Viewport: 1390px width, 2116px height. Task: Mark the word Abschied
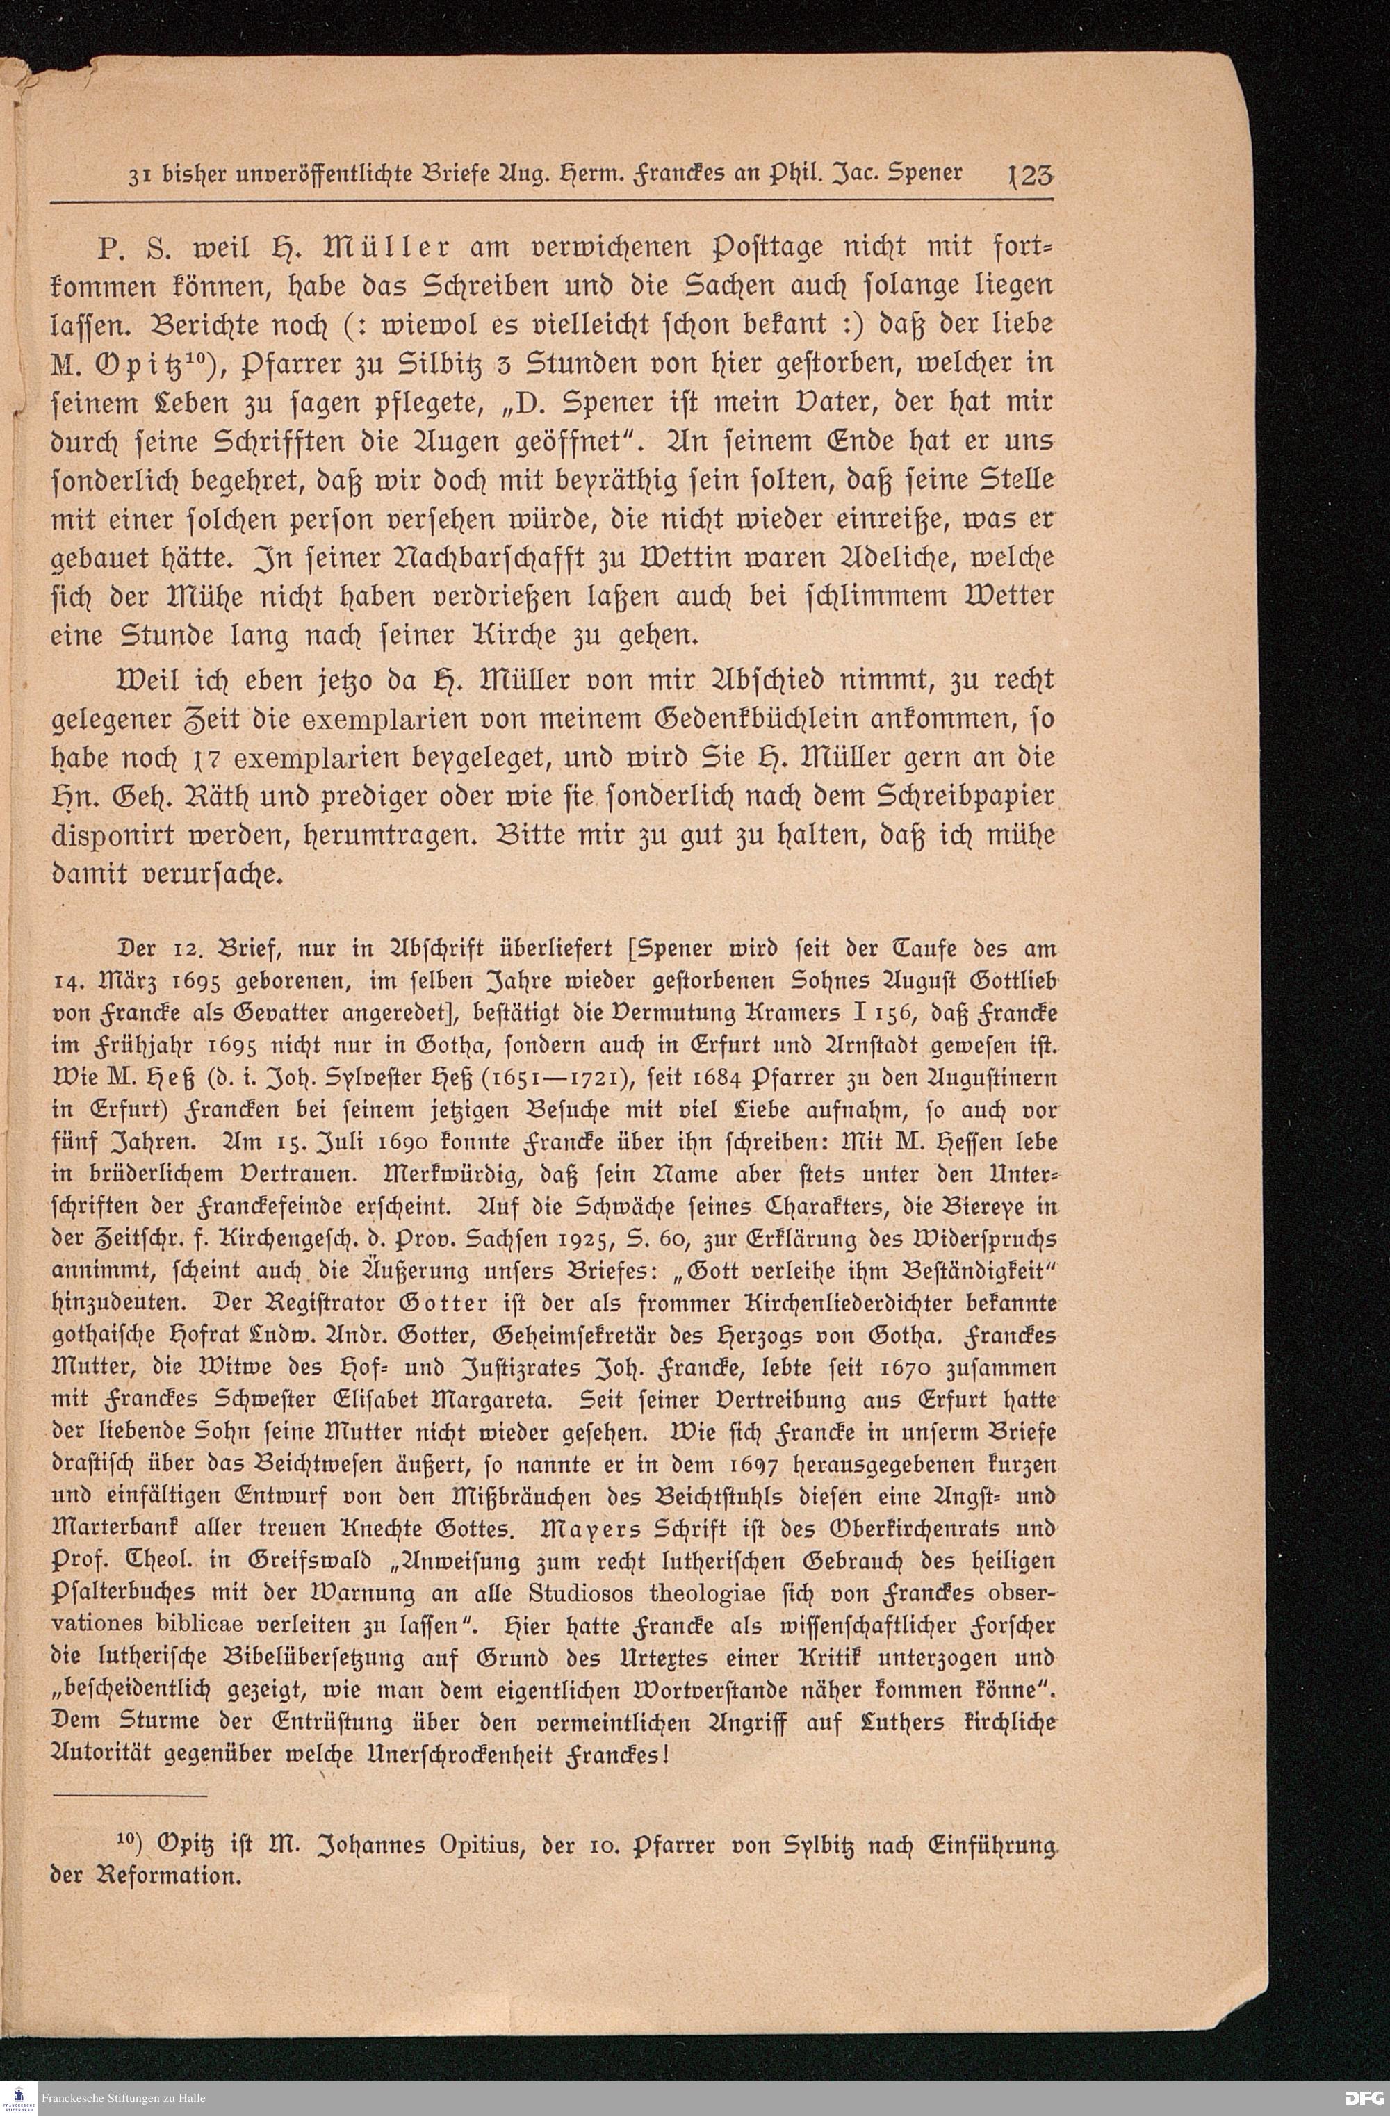click(719, 678)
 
